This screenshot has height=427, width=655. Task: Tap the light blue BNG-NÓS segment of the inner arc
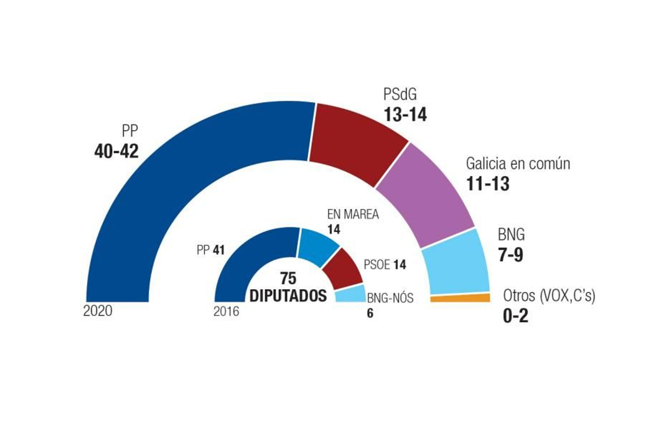[350, 294]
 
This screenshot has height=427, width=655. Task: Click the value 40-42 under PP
[116, 151]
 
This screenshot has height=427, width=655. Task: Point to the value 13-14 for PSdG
[405, 115]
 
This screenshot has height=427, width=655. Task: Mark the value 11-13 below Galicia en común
[488, 184]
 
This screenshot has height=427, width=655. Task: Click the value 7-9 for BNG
[510, 255]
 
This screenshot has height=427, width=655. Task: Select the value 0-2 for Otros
[515, 316]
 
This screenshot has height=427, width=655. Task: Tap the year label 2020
[97, 311]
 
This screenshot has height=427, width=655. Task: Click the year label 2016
[226, 312]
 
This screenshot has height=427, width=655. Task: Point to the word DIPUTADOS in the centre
[288, 296]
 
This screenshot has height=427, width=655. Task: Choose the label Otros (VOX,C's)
[549, 295]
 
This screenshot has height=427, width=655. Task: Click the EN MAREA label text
[353, 214]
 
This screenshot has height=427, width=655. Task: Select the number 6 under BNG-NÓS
[370, 314]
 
